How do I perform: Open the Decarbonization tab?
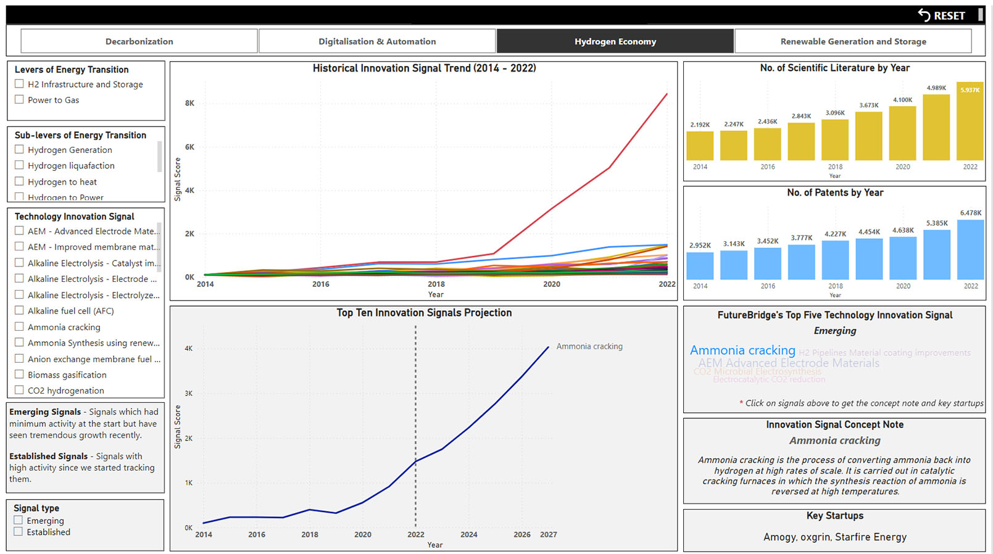click(x=139, y=41)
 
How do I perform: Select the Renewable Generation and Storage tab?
click(x=853, y=41)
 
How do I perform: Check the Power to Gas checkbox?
click(x=20, y=99)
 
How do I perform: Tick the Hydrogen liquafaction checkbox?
click(x=20, y=165)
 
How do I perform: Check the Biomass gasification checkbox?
click(x=20, y=374)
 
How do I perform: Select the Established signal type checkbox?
click(x=19, y=532)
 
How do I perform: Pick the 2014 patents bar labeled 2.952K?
click(x=700, y=266)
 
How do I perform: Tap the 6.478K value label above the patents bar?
click(x=970, y=213)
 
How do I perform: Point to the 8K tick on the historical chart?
click(x=189, y=103)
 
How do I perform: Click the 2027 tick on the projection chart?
click(x=548, y=534)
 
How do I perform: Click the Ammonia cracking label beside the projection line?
click(x=589, y=347)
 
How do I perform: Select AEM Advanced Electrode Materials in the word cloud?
click(x=788, y=363)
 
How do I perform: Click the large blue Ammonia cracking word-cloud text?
click(x=742, y=350)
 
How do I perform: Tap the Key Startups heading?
click(x=834, y=516)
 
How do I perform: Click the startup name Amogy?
click(x=779, y=537)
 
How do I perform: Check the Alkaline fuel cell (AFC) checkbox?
click(x=20, y=311)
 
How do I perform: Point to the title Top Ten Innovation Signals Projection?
click(x=424, y=313)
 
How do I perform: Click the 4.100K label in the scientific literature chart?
click(x=902, y=100)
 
